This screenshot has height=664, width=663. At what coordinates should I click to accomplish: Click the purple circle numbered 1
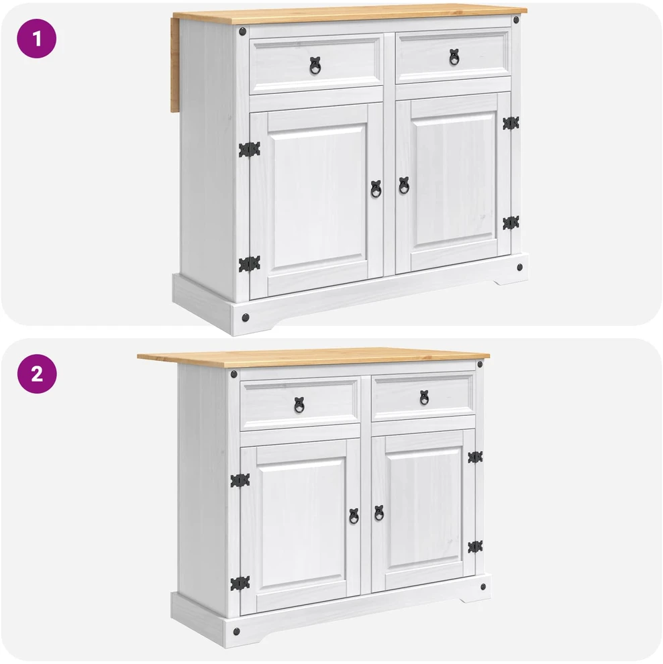[36, 38]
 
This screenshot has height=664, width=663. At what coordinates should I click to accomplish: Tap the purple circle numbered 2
[37, 374]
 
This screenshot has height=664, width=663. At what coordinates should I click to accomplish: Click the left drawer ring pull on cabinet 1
[315, 66]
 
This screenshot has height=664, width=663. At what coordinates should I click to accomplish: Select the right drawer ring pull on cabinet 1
[454, 57]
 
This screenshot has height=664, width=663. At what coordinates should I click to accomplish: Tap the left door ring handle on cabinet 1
[376, 189]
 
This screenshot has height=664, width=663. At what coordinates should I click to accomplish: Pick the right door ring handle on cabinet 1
[404, 186]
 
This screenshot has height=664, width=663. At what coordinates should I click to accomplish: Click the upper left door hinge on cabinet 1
[249, 150]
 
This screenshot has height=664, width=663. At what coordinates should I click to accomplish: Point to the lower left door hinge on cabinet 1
[249, 264]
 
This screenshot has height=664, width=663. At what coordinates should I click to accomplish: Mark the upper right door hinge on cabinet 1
[511, 123]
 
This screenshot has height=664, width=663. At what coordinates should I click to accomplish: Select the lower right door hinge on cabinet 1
[511, 223]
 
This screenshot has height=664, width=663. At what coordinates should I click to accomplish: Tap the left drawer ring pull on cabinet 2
[299, 405]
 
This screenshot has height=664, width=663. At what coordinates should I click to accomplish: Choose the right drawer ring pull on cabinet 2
[425, 398]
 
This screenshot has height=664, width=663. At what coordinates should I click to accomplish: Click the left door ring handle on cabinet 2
[354, 516]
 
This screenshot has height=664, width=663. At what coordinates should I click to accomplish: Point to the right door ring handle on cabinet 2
[379, 513]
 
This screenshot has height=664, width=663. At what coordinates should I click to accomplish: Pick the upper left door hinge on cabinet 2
[240, 481]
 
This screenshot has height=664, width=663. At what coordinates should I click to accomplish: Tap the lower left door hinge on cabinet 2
[240, 584]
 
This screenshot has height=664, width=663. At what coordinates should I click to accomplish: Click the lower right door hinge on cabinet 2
[475, 547]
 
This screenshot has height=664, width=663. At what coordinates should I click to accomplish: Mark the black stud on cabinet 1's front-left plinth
[246, 318]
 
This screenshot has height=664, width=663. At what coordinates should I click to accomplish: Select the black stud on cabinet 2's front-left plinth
[236, 632]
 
